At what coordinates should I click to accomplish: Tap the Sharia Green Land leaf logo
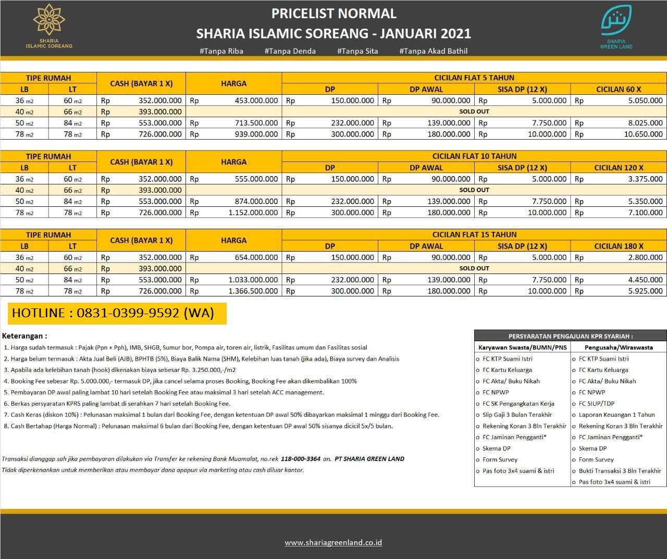[x=616, y=21]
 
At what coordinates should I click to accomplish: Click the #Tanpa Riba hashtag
[x=221, y=51]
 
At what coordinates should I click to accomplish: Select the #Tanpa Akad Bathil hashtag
[x=433, y=51]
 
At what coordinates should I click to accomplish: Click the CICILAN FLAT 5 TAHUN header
[x=474, y=78]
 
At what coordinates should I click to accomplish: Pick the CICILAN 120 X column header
[x=619, y=168]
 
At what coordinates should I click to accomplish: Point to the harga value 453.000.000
[x=256, y=101]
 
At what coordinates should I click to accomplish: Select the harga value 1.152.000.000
[x=253, y=213]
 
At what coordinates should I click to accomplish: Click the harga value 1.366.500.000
[x=253, y=291]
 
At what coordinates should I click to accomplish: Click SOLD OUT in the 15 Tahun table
[x=474, y=268]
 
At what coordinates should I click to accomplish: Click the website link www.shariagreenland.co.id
[x=333, y=542]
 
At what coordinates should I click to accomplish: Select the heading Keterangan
[x=24, y=336]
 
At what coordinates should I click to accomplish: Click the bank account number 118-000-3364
[x=301, y=459]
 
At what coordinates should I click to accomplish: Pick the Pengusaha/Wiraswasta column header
[x=619, y=347]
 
